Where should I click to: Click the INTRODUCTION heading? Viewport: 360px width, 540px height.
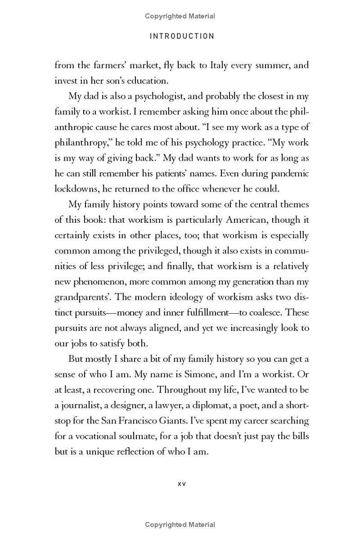182,36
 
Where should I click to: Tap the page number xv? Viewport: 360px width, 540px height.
182,484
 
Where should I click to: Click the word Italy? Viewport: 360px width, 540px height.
220,65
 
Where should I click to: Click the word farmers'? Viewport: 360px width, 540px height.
105,65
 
